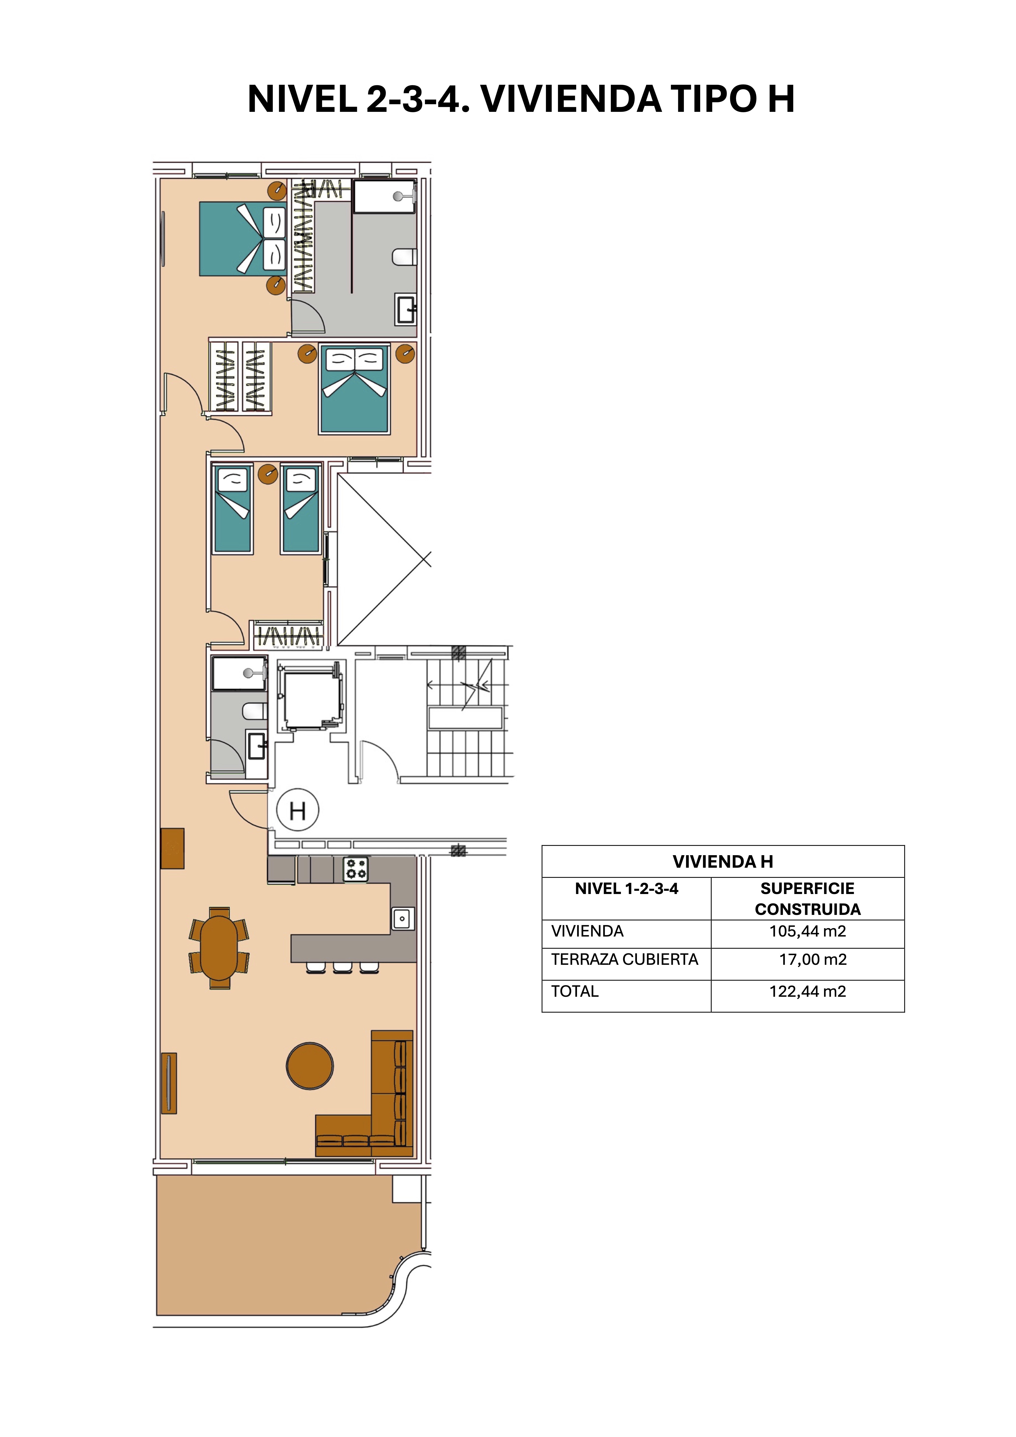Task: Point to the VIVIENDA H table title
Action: click(x=723, y=862)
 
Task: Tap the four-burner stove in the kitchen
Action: click(x=355, y=869)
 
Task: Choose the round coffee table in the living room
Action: click(x=310, y=1066)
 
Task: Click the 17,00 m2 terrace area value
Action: click(x=812, y=959)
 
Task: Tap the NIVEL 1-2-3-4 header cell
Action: click(x=626, y=889)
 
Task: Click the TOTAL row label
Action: click(x=575, y=991)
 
